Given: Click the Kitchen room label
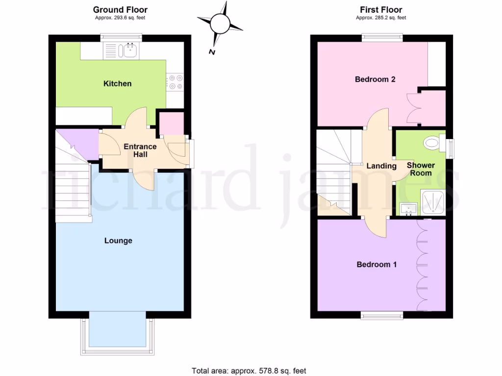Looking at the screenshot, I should [118, 84].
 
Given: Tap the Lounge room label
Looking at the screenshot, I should [118, 241].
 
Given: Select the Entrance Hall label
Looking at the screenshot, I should [140, 150].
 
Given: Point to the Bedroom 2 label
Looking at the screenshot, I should [375, 79].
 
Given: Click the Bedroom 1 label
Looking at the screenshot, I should [376, 264].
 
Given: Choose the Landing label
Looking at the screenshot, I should [381, 166].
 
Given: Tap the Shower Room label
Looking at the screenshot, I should [421, 169].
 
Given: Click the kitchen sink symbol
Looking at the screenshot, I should [129, 50].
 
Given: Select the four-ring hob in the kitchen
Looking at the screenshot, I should [175, 82].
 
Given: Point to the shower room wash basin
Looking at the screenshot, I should [408, 209].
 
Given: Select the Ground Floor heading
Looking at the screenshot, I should [120, 10].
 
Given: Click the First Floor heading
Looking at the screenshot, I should [381, 10].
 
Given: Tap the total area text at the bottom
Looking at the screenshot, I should [249, 370].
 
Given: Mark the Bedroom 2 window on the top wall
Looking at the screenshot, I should [383, 37].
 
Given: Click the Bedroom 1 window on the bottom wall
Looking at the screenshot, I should [382, 316].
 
